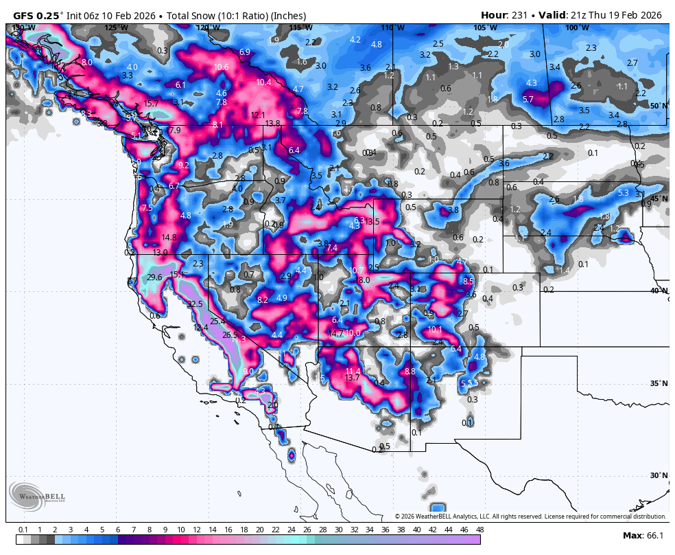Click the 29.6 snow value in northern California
click(x=154, y=277)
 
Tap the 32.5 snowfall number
click(x=195, y=304)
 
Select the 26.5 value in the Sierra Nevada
click(x=230, y=335)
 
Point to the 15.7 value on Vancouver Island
click(x=152, y=104)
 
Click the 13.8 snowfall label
click(x=272, y=124)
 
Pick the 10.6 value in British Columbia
click(x=221, y=67)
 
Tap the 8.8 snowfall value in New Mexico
click(x=410, y=372)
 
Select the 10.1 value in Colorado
click(x=435, y=330)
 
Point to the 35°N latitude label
click(x=659, y=383)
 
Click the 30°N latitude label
click(x=659, y=475)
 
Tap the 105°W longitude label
click(x=484, y=27)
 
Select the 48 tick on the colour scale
click(x=479, y=530)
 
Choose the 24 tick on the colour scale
click(x=291, y=530)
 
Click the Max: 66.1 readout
click(x=642, y=536)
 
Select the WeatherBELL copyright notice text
click(x=530, y=517)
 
